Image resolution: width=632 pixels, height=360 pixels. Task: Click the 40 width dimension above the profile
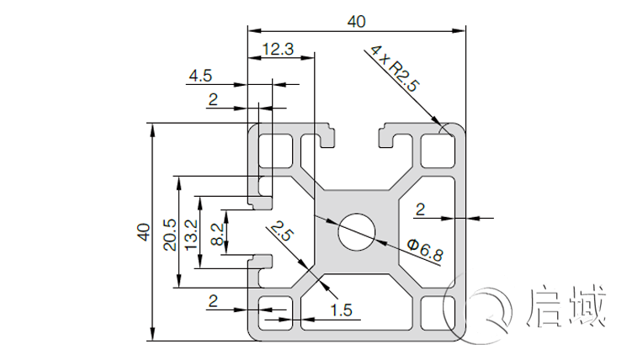pos(356,21)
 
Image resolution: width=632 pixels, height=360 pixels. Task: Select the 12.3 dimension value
pos(278,50)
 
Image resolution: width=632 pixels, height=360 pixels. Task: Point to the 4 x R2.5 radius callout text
pos(392,68)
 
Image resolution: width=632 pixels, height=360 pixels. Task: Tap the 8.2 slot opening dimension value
pos(217,235)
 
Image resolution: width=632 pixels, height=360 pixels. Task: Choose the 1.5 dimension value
pos(342,310)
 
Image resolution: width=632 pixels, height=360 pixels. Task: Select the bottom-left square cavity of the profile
pos(272,313)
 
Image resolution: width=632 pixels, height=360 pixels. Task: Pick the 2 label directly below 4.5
pos(213,100)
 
